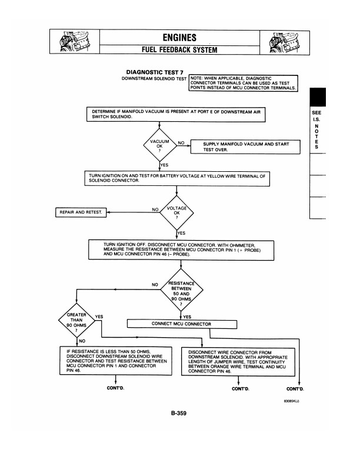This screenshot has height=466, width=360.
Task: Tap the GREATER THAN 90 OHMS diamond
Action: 76,322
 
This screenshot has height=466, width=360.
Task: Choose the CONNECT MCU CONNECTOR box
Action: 182,323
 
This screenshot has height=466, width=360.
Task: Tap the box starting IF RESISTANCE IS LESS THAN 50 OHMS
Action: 114,361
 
